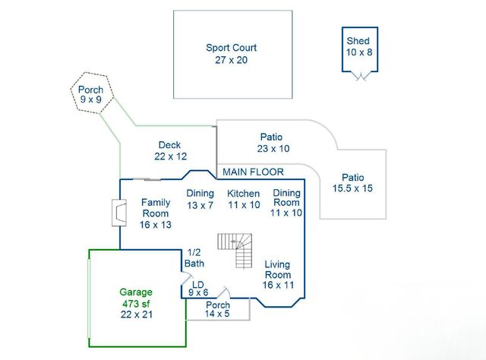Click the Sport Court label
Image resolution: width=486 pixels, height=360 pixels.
(231, 53)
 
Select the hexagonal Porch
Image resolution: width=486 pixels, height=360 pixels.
(91, 93)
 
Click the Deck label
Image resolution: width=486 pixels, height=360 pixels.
(169, 150)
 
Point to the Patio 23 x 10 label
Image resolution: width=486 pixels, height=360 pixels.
(273, 143)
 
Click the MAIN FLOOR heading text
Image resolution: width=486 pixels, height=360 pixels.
(253, 172)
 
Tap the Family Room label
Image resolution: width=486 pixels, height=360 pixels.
(156, 213)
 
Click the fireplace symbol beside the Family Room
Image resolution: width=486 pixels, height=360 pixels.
(117, 213)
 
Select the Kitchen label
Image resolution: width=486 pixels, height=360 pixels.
(243, 199)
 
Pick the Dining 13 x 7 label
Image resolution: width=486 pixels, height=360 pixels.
(200, 199)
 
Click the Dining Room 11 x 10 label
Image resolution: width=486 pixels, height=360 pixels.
(286, 203)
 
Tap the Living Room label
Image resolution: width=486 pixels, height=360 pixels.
(277, 274)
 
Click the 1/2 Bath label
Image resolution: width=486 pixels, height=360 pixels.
(194, 258)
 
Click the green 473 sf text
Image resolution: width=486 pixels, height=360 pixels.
(136, 304)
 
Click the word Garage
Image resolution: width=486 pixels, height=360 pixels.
(136, 292)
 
